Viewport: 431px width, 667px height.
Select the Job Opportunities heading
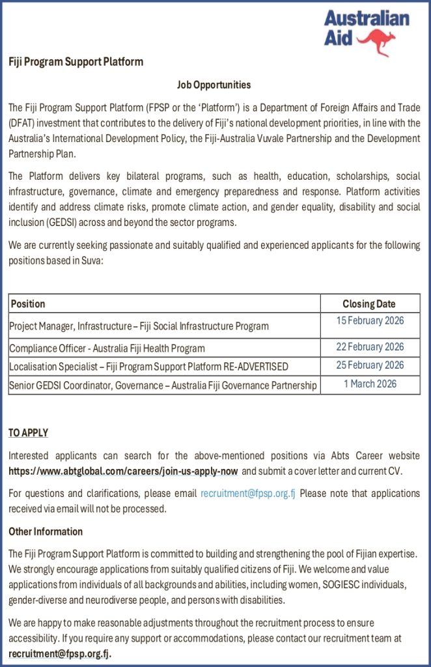[214, 85]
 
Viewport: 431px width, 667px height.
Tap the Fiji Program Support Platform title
[76, 62]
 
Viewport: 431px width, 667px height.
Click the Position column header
[28, 304]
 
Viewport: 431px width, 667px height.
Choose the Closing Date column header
[369, 304]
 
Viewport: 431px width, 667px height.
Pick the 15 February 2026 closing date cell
[370, 320]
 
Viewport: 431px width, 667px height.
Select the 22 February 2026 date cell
[370, 347]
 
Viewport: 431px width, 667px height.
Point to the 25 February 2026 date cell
[370, 365]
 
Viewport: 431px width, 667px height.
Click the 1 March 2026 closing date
[370, 384]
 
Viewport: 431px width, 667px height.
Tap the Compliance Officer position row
[107, 348]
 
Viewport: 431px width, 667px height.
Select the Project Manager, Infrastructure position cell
[139, 326]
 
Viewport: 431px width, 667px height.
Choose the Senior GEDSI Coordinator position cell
[163, 386]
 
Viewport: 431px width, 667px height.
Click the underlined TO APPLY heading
[28, 433]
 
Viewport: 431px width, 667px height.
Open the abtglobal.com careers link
[123, 470]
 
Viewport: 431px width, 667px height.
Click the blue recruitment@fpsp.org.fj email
[248, 493]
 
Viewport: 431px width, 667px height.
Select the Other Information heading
[46, 532]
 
